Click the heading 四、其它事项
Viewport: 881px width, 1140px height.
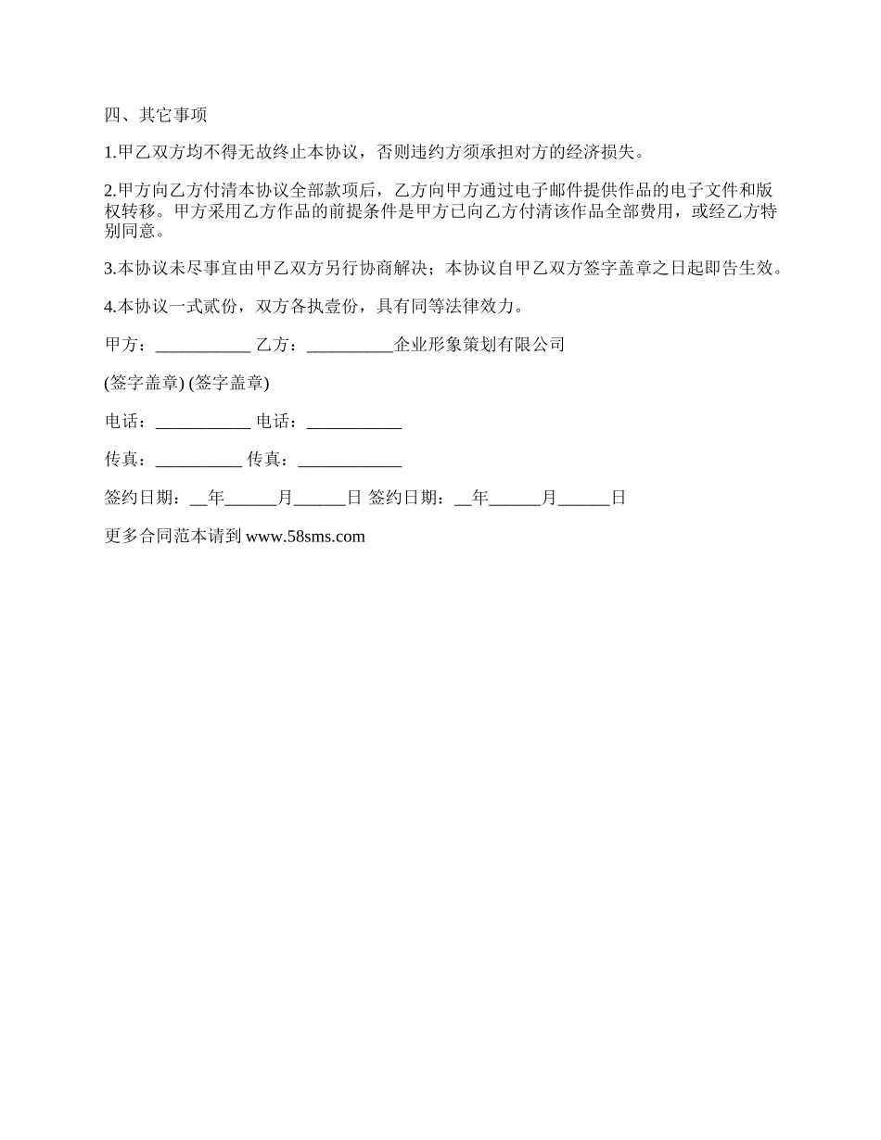[x=156, y=115]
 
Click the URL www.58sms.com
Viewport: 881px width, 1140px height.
[x=305, y=536]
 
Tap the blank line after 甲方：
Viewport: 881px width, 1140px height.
[x=203, y=345]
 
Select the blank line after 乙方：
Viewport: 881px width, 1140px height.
[x=350, y=345]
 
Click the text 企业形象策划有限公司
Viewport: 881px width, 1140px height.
[x=479, y=345]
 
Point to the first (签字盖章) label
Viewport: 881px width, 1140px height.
[x=145, y=383]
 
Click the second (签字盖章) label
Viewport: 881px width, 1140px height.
[x=228, y=383]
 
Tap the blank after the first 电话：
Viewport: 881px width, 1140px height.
[x=203, y=422]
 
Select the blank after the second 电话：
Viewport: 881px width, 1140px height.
[x=353, y=422]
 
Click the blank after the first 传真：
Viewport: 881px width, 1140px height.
[x=198, y=460]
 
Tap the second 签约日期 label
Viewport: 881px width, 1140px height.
[x=405, y=498]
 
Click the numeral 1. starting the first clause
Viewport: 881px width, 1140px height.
[x=110, y=153]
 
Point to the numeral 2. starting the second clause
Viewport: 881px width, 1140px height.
[x=110, y=191]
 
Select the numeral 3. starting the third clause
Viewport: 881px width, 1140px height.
[x=110, y=269]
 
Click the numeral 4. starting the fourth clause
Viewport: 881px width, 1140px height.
[x=110, y=307]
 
